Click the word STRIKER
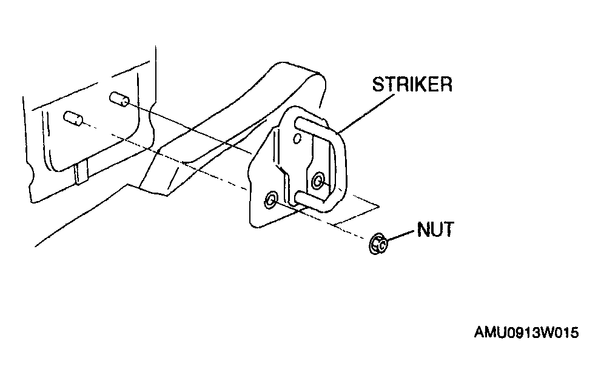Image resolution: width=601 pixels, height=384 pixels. pos(412,84)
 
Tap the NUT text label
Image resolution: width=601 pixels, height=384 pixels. pos(435,230)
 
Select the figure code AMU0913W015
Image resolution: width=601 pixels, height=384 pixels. pos(526,333)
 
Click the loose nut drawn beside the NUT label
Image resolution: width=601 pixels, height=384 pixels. pos(378,244)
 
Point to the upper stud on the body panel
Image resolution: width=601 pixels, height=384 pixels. pos(119,99)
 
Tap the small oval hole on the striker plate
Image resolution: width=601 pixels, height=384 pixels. pos(297,138)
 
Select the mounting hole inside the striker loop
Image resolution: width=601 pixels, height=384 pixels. pos(318,180)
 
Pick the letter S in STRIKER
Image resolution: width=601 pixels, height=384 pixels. pos(378,84)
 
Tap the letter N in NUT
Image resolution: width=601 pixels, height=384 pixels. pos(423,230)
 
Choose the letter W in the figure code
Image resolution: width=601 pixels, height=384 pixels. pos(546,333)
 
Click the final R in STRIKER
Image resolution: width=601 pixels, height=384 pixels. pos(446,84)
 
